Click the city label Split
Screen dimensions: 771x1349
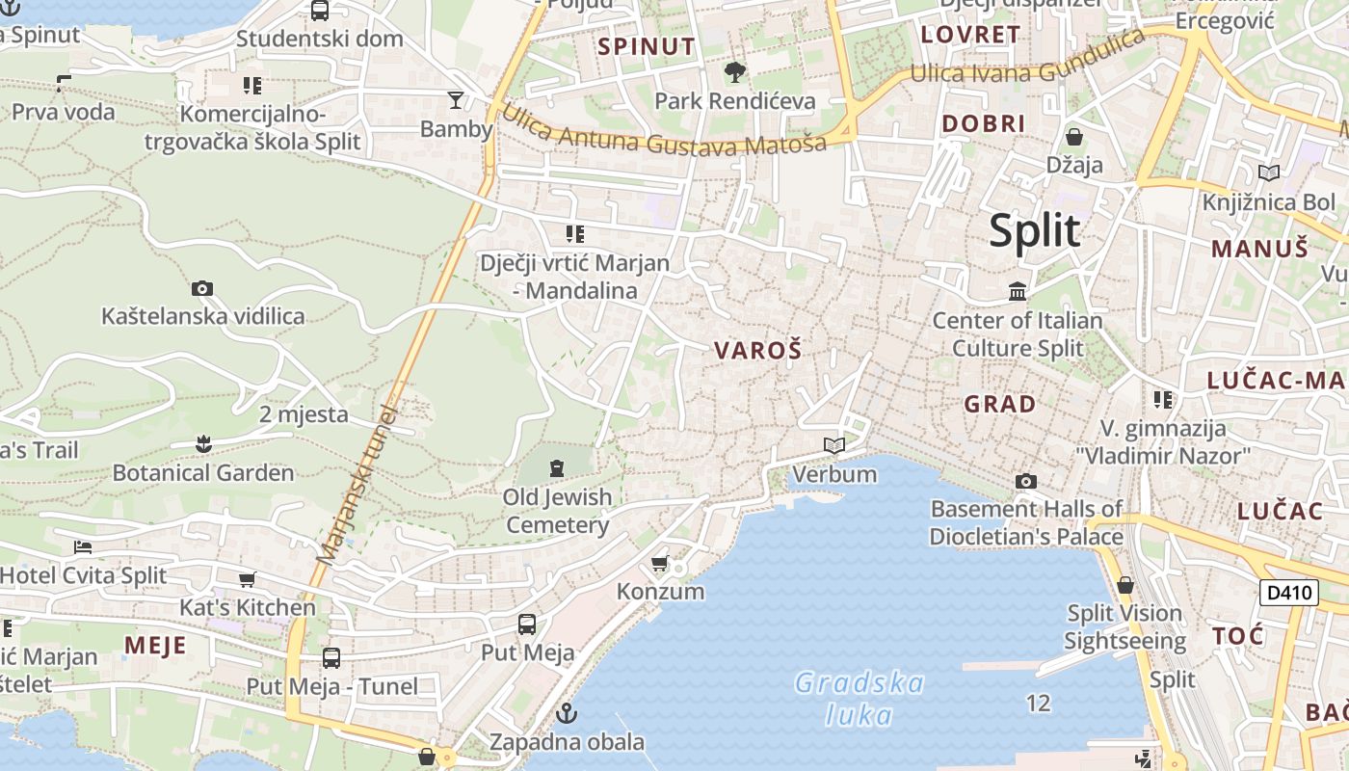[x=1035, y=231]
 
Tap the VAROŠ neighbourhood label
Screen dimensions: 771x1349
[x=757, y=351]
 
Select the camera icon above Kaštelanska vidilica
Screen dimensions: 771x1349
[x=202, y=288]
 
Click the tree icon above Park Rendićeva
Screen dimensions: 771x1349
[x=735, y=72]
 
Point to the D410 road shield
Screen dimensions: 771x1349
[x=1288, y=592]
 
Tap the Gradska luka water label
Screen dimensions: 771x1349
[x=860, y=699]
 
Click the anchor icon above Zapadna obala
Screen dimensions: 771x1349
[x=567, y=714]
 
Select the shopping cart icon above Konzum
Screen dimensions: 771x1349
[x=660, y=563]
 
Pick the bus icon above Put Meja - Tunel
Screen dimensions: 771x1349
[x=331, y=658]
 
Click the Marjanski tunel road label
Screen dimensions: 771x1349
[x=356, y=482]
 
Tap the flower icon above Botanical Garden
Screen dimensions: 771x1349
[x=203, y=444]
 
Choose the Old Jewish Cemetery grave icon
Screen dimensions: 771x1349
[x=556, y=468]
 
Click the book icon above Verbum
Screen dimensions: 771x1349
[x=834, y=445]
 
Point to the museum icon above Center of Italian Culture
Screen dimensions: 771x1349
[x=1018, y=291]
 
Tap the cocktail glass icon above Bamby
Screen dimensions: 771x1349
[x=456, y=99]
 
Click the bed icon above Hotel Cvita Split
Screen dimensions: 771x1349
[x=83, y=547]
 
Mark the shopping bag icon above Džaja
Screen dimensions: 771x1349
[x=1074, y=137]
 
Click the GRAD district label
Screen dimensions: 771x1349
[x=1000, y=404]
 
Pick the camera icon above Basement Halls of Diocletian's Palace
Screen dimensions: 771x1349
[x=1026, y=481]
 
